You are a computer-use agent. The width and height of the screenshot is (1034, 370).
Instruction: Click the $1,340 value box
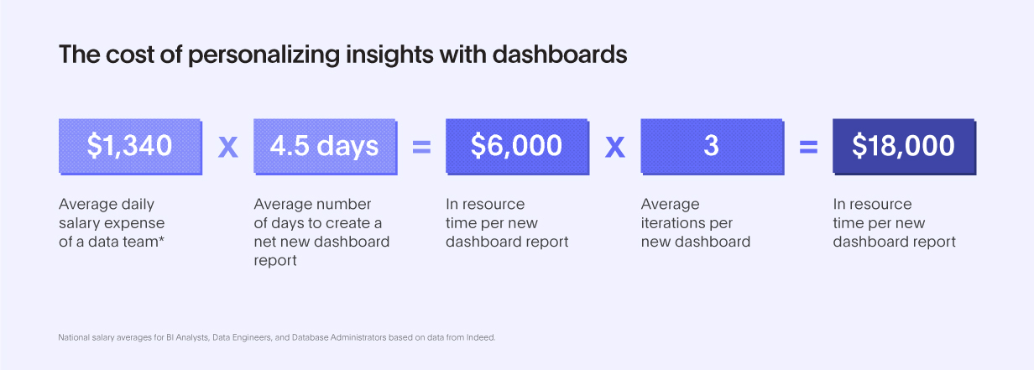click(130, 147)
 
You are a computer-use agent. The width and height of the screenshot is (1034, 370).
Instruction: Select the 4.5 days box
click(326, 147)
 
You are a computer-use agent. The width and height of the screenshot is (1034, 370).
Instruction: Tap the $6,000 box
click(518, 147)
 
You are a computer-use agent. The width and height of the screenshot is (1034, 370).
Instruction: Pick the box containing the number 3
click(713, 147)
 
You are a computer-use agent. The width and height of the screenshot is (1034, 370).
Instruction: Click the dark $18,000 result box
click(904, 147)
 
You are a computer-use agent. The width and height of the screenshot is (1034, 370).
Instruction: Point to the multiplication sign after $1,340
click(228, 147)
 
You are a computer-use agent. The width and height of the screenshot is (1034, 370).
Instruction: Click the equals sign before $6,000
click(421, 147)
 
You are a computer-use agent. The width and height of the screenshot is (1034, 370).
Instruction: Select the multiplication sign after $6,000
click(615, 147)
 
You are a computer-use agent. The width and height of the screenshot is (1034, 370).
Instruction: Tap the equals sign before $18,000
click(808, 147)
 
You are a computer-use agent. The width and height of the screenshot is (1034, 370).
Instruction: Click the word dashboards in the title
click(560, 55)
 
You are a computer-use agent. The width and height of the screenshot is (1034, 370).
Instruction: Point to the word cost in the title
click(130, 55)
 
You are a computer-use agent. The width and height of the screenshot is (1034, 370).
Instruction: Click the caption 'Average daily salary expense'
click(112, 214)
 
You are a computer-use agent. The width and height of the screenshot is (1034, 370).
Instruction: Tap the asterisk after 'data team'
click(161, 239)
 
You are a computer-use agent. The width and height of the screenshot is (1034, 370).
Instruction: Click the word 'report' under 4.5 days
click(275, 261)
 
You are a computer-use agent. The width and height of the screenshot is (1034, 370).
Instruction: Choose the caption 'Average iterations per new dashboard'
click(696, 223)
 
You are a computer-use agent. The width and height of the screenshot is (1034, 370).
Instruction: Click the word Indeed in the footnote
click(481, 337)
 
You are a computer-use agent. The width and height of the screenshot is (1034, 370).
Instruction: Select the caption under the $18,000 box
click(894, 223)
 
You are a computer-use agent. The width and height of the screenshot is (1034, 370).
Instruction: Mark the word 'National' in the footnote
click(74, 337)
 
